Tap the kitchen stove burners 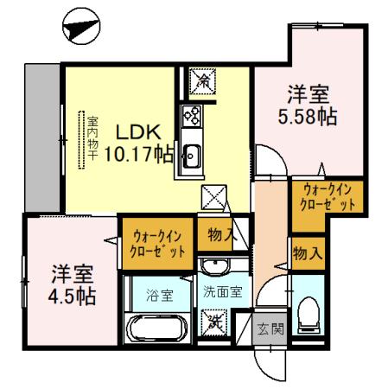191,117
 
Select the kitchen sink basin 192,156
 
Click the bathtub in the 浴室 156,330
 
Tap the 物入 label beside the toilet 308,254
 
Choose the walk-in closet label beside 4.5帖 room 158,243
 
